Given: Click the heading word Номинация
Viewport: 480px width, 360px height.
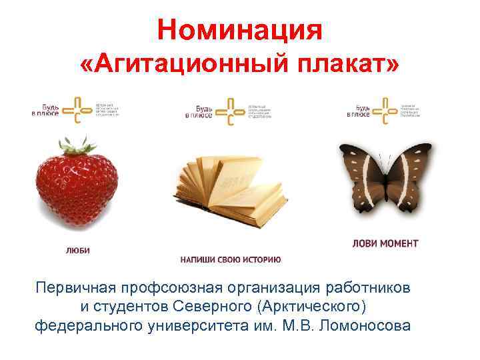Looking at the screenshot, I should pos(240,29).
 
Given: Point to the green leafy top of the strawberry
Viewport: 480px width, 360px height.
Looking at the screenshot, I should pos(75,145).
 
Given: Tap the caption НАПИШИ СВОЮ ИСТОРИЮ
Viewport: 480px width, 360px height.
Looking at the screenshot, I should pos(231,259).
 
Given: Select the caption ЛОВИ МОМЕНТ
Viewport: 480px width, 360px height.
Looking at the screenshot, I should pos(385,243).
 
